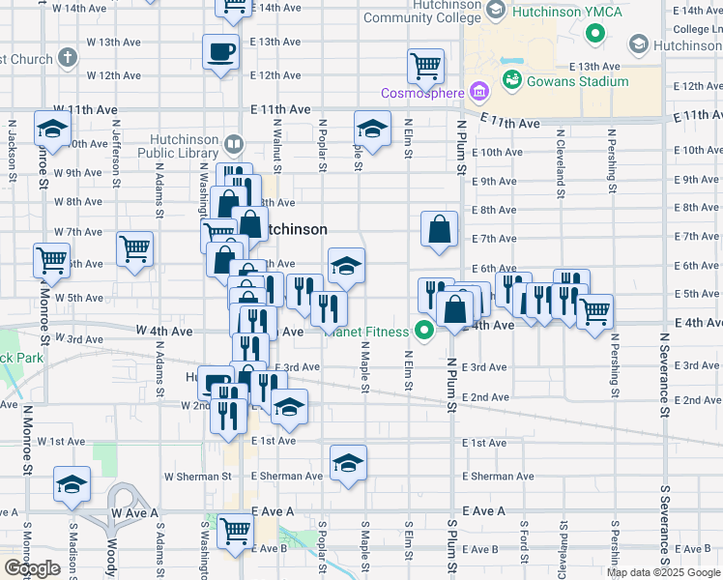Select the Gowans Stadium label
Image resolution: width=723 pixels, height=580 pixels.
(x=577, y=81)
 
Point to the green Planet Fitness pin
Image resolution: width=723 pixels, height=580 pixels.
(x=423, y=331)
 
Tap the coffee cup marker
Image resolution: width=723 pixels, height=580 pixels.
(x=221, y=51)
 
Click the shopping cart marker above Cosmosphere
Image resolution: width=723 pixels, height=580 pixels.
(x=426, y=66)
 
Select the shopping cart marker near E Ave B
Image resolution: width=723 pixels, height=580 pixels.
(x=234, y=531)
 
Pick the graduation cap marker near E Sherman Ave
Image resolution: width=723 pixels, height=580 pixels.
(x=348, y=462)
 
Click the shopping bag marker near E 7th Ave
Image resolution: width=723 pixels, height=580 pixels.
(x=439, y=229)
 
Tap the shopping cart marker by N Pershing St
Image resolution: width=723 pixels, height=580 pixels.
(x=595, y=311)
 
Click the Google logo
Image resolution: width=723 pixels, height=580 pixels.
(x=32, y=568)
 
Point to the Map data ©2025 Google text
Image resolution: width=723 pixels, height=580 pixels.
(x=663, y=572)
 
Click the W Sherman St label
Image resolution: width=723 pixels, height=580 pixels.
(x=197, y=477)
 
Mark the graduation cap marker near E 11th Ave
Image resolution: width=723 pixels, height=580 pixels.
(x=371, y=129)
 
